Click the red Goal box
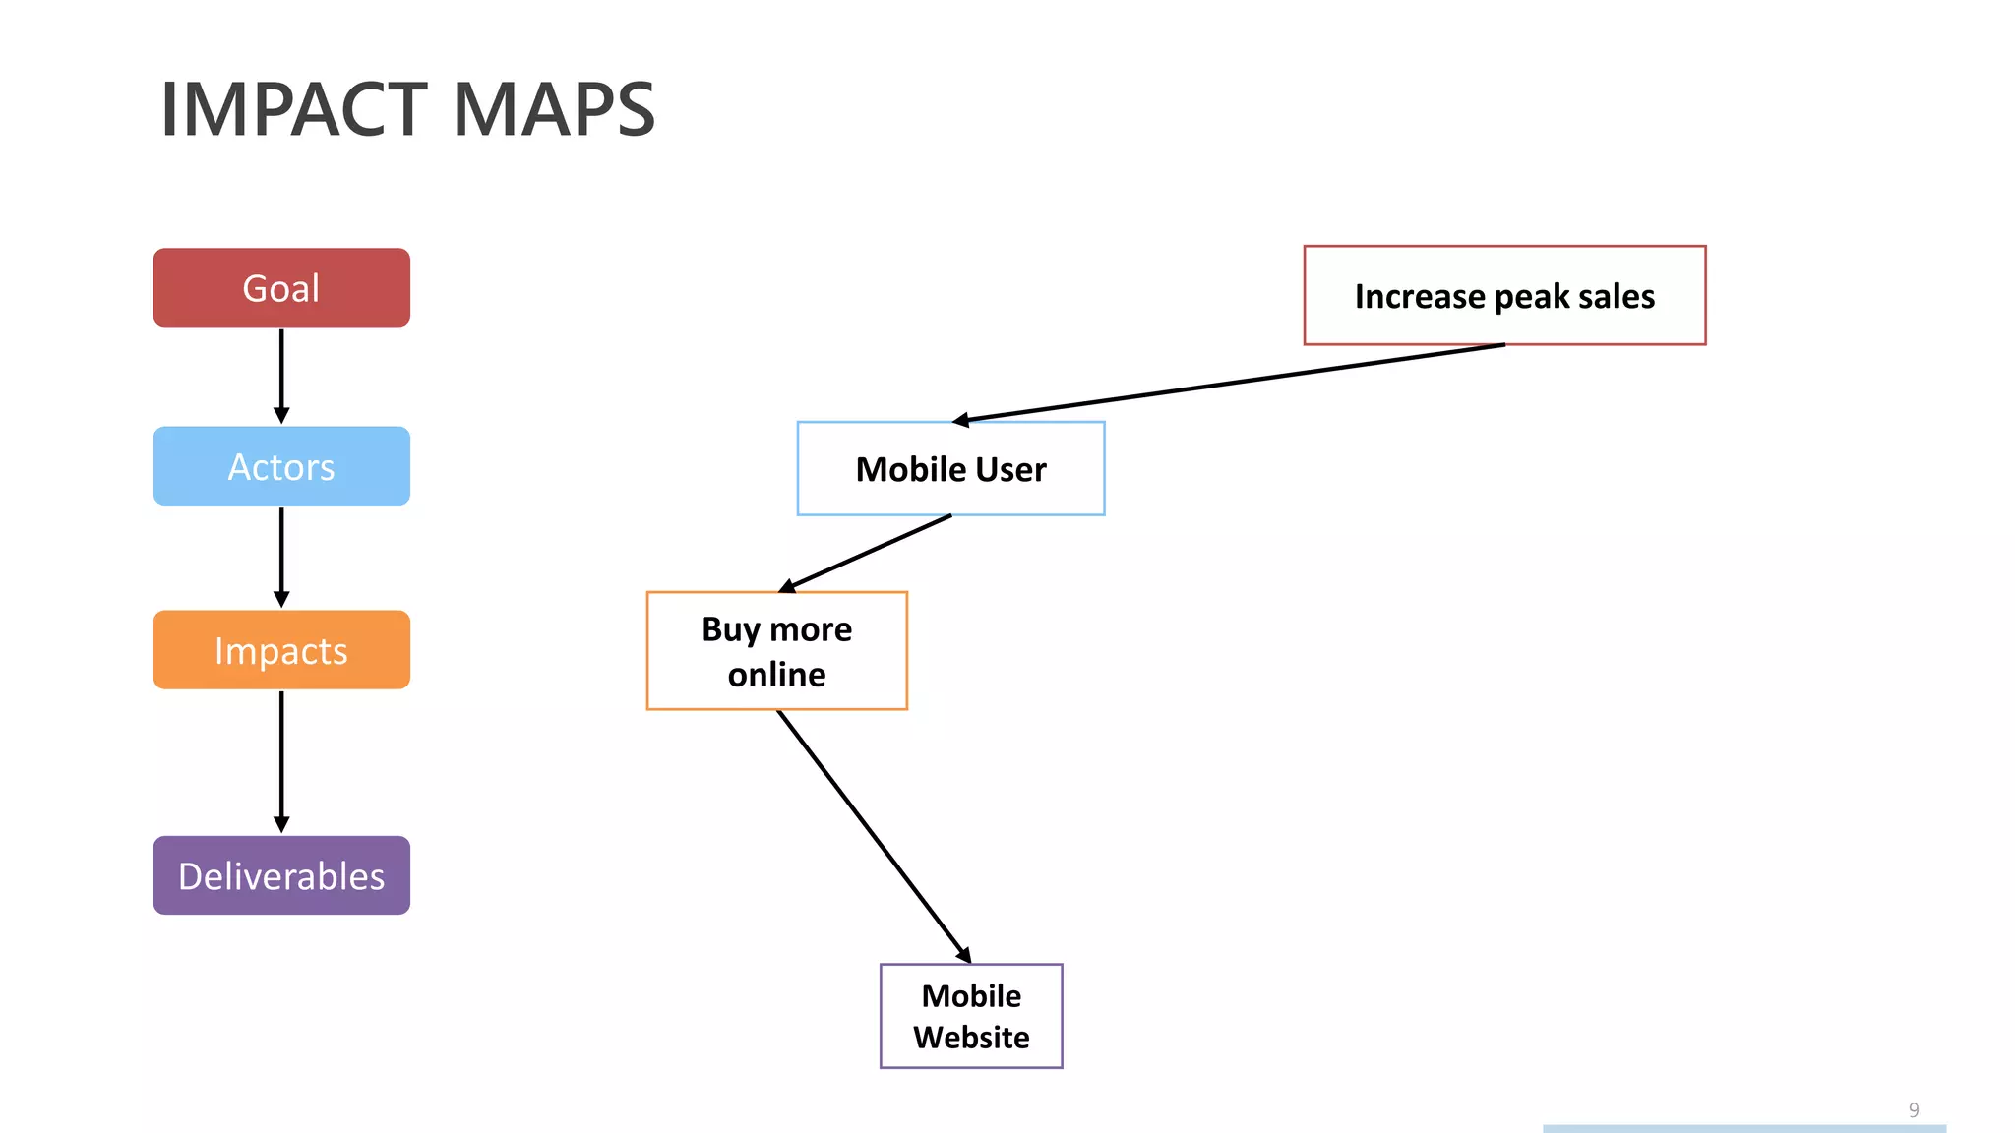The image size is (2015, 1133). coord(281,288)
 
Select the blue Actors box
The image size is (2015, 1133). coord(281,466)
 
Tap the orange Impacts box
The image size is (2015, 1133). coord(281,650)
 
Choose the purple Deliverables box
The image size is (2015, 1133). coord(281,875)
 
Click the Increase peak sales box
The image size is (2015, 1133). coord(1504,295)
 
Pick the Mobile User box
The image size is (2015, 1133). coord(950,469)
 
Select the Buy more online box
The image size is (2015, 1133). coord(776,651)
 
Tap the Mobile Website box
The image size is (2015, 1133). coord(971,1016)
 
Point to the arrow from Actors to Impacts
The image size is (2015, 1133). coord(281,557)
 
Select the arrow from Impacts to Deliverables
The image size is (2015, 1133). coord(281,761)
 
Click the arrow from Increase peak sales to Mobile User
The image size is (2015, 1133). coord(1230,384)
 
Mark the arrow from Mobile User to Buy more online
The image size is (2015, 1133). coord(866,554)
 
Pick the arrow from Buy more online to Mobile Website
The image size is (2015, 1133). coord(874,836)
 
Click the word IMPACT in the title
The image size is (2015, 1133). coord(294,109)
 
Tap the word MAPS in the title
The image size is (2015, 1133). coord(554,109)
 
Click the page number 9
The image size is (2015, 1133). coord(1914,1109)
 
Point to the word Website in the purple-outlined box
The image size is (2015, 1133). coord(971,1037)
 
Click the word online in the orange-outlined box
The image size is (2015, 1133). coord(776,675)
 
